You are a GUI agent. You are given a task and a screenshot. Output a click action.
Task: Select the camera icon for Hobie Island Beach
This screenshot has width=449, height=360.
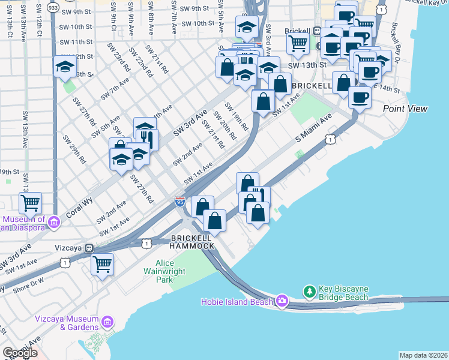point(282,301)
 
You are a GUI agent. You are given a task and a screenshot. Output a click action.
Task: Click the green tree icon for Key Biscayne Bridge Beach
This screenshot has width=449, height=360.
point(310,291)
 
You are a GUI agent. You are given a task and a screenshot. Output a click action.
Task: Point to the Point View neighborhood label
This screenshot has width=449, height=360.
point(405,109)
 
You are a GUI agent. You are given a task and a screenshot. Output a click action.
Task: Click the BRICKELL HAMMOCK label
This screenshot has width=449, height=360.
point(192,242)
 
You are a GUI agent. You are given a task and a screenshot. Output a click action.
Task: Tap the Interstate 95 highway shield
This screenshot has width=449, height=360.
point(180,202)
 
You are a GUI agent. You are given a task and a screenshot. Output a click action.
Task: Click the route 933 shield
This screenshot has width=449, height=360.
point(53,7)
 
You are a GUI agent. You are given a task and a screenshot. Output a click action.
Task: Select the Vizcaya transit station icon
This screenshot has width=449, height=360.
point(89,247)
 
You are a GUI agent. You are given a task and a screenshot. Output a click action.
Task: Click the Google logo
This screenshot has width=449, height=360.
point(20,353)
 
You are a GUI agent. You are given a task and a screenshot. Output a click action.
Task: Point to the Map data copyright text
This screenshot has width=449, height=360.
point(423,355)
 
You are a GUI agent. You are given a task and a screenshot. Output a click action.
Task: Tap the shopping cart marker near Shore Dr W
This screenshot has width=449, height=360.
point(102,264)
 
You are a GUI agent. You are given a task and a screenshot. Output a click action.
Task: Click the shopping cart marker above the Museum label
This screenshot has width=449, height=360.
point(30,203)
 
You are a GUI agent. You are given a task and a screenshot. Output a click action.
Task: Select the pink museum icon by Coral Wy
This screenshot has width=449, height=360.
point(53,223)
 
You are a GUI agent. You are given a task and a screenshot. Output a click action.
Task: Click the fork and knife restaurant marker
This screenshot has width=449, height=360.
point(150,139)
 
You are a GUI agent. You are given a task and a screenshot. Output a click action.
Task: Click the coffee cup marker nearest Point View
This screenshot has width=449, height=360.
point(360,97)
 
